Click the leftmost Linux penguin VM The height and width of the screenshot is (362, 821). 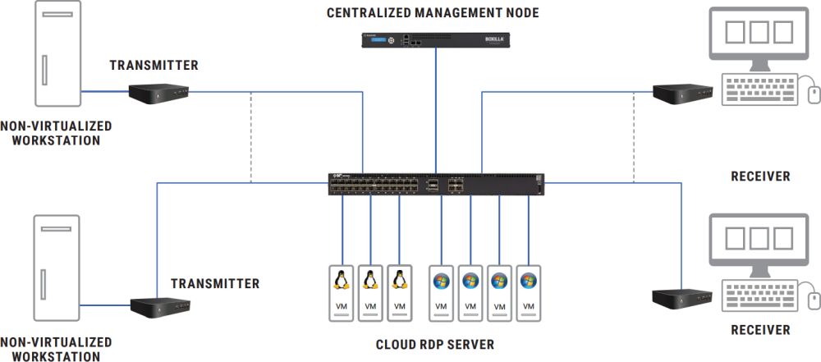click(x=341, y=292)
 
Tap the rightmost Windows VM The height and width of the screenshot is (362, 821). click(x=528, y=292)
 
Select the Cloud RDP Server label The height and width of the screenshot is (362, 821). click(x=434, y=345)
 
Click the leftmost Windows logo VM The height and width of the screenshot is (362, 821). click(x=441, y=292)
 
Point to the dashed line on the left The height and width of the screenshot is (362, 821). click(x=250, y=135)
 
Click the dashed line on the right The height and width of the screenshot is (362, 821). click(x=635, y=135)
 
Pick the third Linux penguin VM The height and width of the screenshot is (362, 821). click(x=400, y=292)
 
